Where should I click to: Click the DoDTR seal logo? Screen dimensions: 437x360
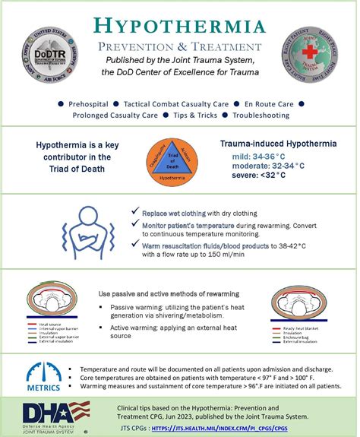click(48, 51)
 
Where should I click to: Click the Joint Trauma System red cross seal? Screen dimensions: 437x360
click(309, 51)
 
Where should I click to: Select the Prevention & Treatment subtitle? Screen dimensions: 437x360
click(179, 47)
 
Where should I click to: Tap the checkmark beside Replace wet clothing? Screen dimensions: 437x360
click(134, 210)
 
